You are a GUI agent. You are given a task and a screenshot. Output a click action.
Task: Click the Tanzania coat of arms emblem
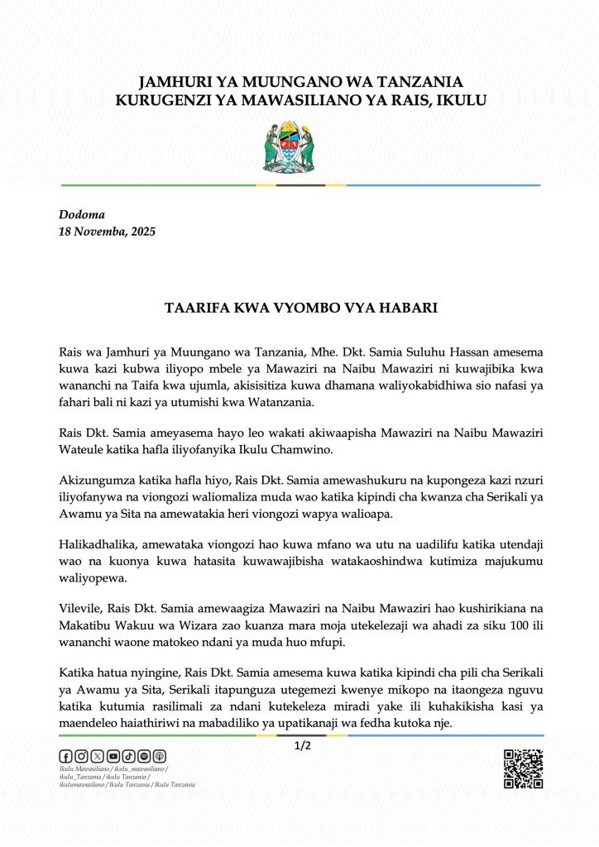click(288, 147)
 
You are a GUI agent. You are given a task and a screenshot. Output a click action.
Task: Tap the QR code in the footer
click(523, 768)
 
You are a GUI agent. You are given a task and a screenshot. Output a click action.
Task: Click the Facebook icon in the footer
click(65, 756)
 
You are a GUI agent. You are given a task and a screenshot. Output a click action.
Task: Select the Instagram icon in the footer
click(81, 756)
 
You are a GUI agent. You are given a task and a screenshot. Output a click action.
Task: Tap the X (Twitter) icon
click(97, 756)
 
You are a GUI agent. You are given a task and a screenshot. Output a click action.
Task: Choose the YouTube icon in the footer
click(113, 756)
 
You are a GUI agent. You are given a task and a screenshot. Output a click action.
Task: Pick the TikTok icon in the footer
click(128, 756)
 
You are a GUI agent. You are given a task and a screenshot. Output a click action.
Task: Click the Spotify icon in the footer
click(144, 756)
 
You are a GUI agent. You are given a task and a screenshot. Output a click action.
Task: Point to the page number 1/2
click(302, 746)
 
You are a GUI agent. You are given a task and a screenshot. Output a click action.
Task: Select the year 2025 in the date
click(141, 232)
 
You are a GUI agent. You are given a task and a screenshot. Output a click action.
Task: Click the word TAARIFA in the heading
click(193, 308)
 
